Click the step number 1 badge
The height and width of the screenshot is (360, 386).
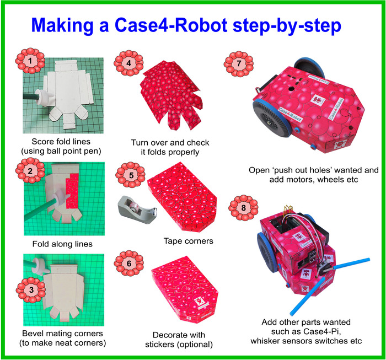(x=30, y=61)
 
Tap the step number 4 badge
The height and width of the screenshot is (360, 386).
(x=128, y=63)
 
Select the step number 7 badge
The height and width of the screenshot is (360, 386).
(x=239, y=63)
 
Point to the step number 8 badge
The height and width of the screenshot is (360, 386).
(x=243, y=208)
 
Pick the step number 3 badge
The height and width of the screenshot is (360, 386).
(x=31, y=289)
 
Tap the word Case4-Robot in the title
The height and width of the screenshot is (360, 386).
(x=171, y=25)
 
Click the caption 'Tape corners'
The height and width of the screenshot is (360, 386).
(x=189, y=241)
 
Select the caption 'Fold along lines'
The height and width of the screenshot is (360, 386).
(x=62, y=244)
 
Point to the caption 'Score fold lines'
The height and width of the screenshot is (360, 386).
(x=61, y=142)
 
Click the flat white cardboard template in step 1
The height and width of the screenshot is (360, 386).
(x=69, y=94)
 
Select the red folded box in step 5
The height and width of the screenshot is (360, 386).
(x=182, y=196)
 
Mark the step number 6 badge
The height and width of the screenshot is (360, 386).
(x=128, y=264)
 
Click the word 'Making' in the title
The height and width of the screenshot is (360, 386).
(x=62, y=26)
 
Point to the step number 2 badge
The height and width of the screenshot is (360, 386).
(x=30, y=170)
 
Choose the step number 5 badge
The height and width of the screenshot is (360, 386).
(x=131, y=175)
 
